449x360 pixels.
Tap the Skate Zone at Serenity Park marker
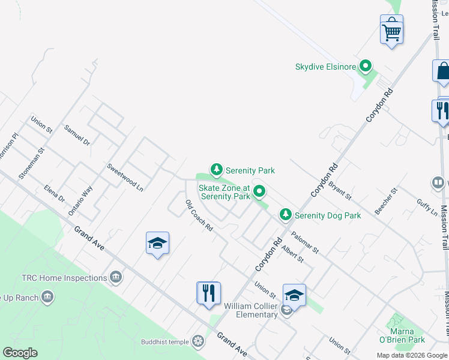point(259,192)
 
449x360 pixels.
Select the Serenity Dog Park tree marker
point(286,215)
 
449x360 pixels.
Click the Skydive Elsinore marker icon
point(365,67)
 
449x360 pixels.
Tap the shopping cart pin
point(391,30)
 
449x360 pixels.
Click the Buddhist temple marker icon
point(197,342)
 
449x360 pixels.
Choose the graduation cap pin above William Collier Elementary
point(294,296)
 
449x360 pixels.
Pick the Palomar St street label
point(304,242)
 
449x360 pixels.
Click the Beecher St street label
point(386,201)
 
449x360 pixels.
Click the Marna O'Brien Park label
point(402,335)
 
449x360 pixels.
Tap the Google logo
point(20,353)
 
